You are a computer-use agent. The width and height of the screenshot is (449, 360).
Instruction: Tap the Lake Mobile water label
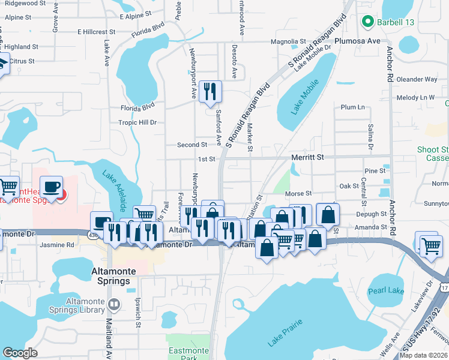pos(305,98)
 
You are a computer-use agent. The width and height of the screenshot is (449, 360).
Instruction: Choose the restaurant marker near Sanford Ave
pos(209,91)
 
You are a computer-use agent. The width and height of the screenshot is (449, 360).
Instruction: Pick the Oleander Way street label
pos(417,79)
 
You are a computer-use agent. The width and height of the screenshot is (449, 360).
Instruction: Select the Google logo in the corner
pos(20,352)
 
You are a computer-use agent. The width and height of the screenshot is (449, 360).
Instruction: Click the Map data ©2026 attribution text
pos(424,355)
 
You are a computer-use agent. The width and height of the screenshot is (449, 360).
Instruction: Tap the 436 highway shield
pos(94,236)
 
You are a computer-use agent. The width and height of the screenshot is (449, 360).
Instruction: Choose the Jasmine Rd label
pos(58,245)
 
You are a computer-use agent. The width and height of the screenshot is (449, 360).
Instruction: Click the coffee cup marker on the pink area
pos(53,187)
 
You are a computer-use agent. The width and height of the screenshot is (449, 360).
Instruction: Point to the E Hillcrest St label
pos(96,32)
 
